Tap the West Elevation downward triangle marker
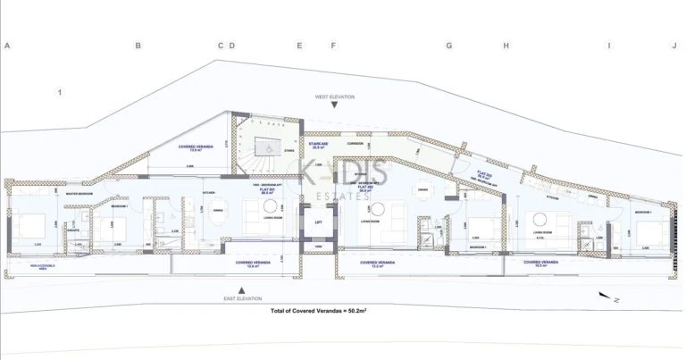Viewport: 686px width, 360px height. coord(334,105)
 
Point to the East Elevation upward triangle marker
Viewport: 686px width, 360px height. coord(241,290)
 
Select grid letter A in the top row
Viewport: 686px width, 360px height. coord(7,46)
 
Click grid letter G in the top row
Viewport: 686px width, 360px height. coord(449,46)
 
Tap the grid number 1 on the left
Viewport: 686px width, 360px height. coord(60,92)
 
